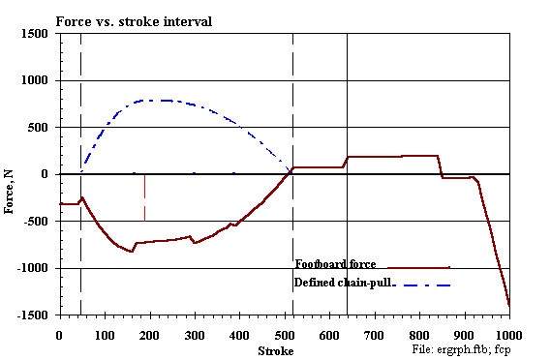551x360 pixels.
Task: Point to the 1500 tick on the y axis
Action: point(36,34)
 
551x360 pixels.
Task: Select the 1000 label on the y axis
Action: point(36,80)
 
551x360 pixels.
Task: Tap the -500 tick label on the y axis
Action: point(36,222)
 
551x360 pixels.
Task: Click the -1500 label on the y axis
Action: point(34,315)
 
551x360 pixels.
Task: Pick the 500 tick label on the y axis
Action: point(40,128)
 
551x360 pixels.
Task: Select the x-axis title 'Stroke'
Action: point(275,349)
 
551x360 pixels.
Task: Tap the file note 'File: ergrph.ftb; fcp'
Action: point(461,347)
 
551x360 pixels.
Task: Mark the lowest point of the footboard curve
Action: point(508,306)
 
